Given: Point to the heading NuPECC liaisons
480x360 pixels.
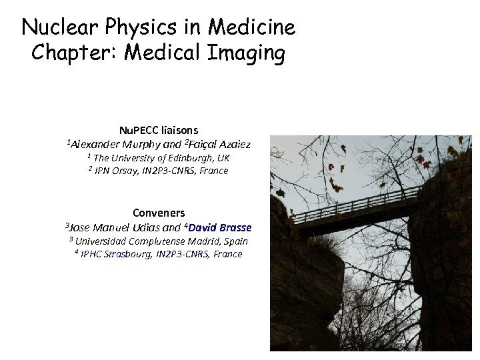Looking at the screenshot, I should pyautogui.click(x=158, y=130).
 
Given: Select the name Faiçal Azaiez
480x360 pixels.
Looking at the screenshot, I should pyautogui.click(x=219, y=144).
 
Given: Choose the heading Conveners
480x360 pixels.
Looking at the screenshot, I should pyautogui.click(x=159, y=213).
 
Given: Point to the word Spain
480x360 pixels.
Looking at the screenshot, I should pyautogui.click(x=236, y=241).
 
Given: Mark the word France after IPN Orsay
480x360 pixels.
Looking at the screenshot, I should pyautogui.click(x=214, y=171).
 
